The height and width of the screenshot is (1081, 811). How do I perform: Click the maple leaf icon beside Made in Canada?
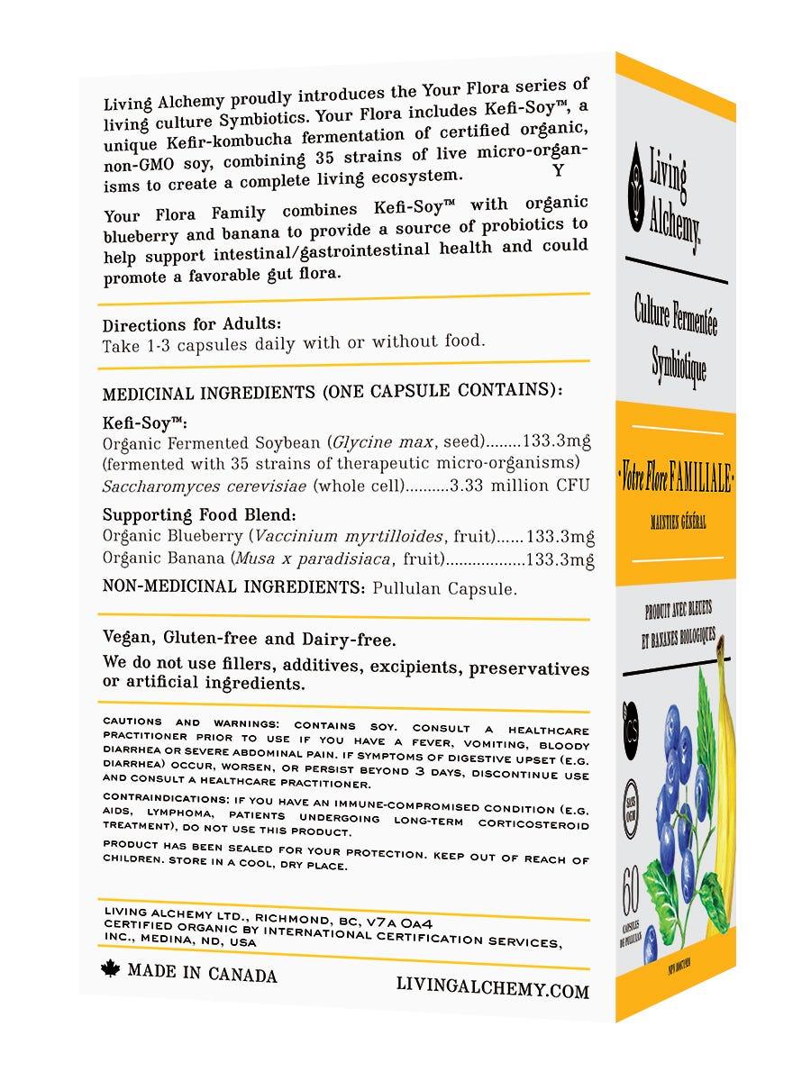tap(113, 970)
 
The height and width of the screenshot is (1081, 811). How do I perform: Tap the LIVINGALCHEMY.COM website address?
tap(492, 989)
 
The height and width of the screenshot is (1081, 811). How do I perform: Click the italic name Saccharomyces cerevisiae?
tap(205, 487)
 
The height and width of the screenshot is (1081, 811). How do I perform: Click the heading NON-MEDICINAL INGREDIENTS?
tap(232, 586)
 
